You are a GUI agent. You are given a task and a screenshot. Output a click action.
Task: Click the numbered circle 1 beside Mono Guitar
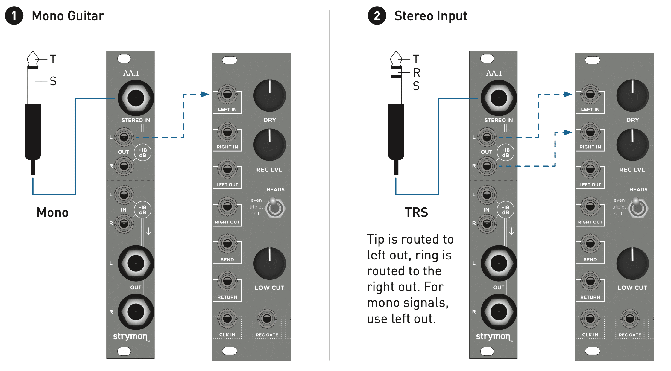(14, 16)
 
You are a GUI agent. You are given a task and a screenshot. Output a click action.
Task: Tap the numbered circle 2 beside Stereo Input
(377, 16)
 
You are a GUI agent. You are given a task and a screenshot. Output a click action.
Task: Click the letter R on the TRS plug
(416, 73)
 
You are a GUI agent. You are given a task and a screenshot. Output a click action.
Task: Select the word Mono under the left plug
(52, 212)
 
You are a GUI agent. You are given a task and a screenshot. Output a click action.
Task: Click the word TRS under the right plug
(416, 212)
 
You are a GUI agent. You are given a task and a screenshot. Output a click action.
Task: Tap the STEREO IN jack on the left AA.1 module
(136, 98)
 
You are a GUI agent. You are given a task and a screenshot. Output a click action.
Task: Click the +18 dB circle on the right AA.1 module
(505, 153)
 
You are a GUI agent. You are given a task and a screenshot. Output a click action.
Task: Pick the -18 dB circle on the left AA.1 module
(142, 210)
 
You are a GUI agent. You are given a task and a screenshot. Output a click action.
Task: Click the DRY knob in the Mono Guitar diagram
(269, 95)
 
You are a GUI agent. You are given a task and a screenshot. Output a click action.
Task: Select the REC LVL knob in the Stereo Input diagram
(632, 145)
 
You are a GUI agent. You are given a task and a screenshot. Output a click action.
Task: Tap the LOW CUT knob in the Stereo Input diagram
(632, 263)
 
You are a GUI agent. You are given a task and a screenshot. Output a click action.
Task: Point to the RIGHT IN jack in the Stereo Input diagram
(590, 132)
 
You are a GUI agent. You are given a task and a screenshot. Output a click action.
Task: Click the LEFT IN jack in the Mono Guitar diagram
(227, 94)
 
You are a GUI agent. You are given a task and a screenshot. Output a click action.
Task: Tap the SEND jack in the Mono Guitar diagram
(227, 244)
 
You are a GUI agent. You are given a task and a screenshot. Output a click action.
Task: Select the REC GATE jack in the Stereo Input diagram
(630, 319)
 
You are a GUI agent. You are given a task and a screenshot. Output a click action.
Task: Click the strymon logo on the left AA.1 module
(130, 337)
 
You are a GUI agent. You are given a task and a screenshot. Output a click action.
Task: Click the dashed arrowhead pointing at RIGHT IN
(567, 132)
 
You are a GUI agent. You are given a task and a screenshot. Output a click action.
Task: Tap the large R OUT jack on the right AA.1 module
(499, 312)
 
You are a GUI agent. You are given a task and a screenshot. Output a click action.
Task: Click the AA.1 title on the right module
(494, 73)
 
